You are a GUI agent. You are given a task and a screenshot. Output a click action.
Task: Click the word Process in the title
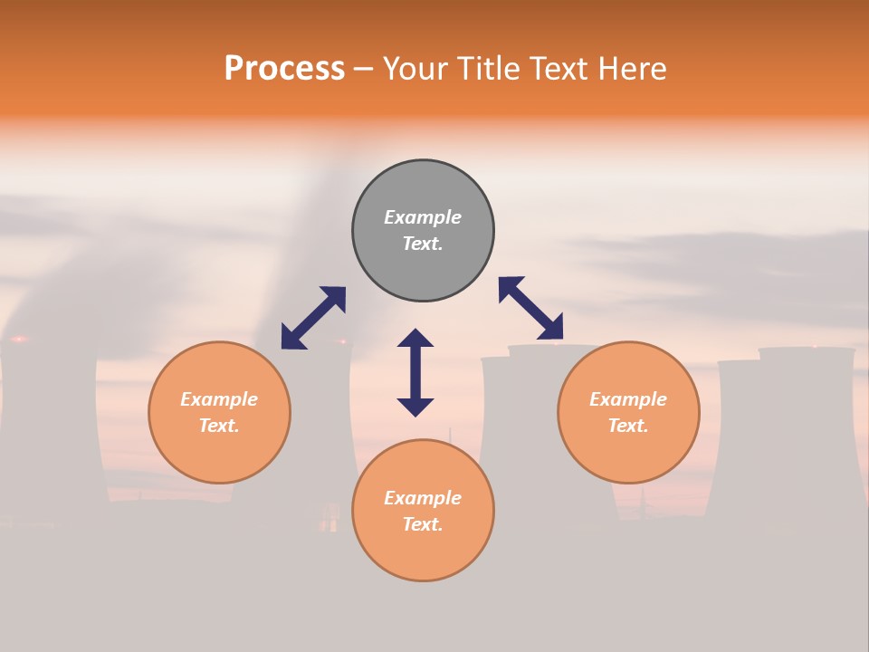coord(284,69)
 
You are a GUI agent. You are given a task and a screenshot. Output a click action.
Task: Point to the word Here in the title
coord(632,69)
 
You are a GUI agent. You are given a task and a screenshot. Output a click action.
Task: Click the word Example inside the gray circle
coord(423,217)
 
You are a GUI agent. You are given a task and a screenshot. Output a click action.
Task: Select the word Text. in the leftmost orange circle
coord(219,426)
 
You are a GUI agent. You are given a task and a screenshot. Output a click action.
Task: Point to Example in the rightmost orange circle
coord(628,399)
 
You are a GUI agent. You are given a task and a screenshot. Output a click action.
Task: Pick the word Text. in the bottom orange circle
coord(423,524)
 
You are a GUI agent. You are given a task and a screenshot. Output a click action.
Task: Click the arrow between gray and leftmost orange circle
coord(313,318)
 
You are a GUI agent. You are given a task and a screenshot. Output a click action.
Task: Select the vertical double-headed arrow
coord(415,372)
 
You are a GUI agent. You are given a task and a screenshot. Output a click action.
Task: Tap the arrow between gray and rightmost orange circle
coord(531,308)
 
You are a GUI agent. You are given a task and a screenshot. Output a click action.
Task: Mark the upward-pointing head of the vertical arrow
coord(415,338)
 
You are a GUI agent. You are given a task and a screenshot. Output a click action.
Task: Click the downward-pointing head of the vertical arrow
coord(415,407)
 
